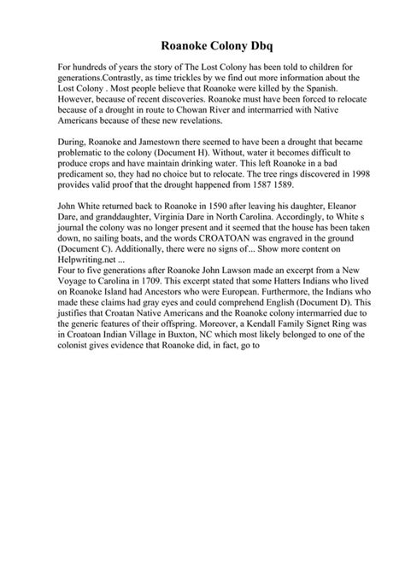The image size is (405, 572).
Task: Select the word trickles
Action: click(x=174, y=77)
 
